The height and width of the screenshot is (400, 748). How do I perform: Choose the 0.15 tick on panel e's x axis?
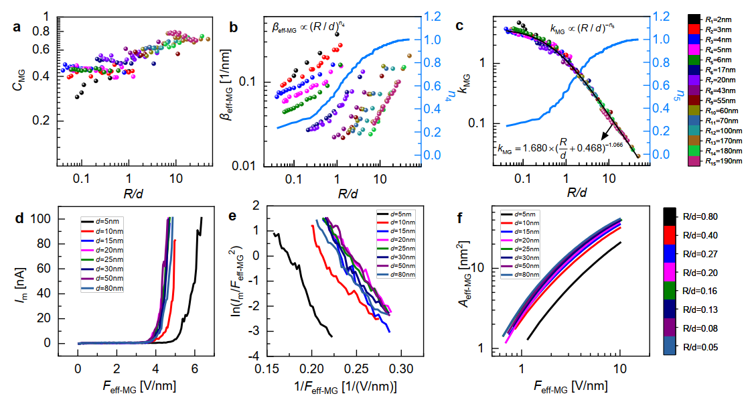267,369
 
